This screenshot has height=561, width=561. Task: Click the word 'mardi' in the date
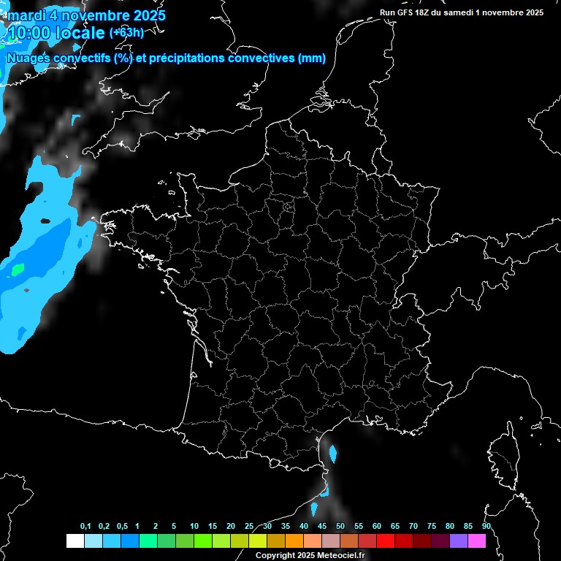25,15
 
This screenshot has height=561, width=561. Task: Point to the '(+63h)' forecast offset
126,33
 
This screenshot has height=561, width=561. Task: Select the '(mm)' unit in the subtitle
311,58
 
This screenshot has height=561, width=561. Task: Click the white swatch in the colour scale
75,541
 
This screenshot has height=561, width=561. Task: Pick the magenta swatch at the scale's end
477,541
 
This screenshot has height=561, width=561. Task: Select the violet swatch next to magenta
459,541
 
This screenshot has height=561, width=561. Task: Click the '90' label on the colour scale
486,526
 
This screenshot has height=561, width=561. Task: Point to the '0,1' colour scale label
85,526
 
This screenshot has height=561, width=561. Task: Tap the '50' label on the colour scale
340,526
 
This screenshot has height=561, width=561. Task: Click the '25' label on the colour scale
249,526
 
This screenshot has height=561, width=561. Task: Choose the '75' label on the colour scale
432,526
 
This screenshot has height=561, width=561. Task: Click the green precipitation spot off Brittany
17,269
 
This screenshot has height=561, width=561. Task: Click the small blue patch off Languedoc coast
333,454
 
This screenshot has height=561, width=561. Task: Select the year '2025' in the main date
144,15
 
